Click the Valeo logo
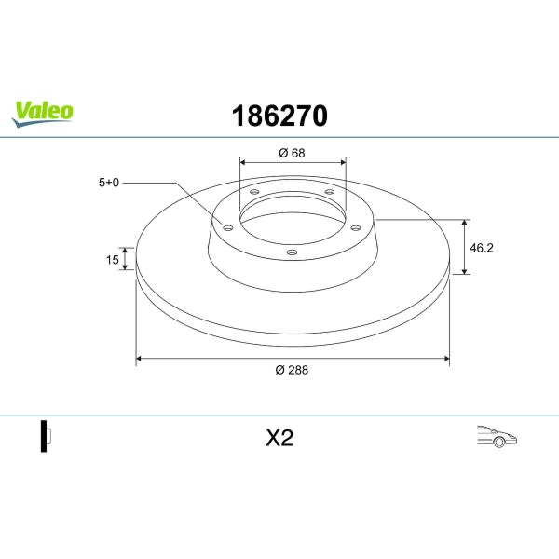tap(42, 112)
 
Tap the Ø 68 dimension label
tap(292, 153)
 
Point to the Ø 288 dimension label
tap(292, 370)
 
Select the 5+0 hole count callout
tap(110, 183)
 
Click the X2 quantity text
tap(279, 439)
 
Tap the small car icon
tap(496, 435)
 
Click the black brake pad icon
tap(43, 435)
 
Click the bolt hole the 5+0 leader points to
tap(228, 225)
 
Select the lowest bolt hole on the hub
tap(290, 252)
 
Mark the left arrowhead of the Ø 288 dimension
tap(140, 357)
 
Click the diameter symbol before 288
tap(279, 370)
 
